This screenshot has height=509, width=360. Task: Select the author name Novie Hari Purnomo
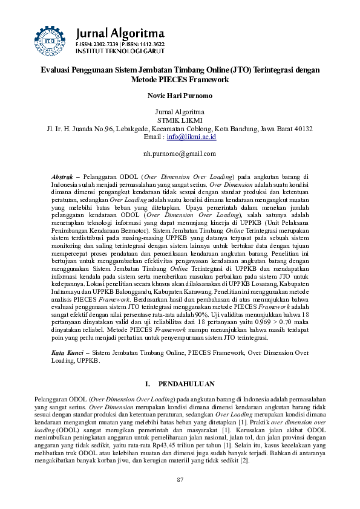pos(180,96)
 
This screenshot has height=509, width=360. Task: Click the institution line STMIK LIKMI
pos(180,120)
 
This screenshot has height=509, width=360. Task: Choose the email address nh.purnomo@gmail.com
pos(180,154)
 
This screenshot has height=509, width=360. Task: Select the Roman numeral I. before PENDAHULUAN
pos(149,384)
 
